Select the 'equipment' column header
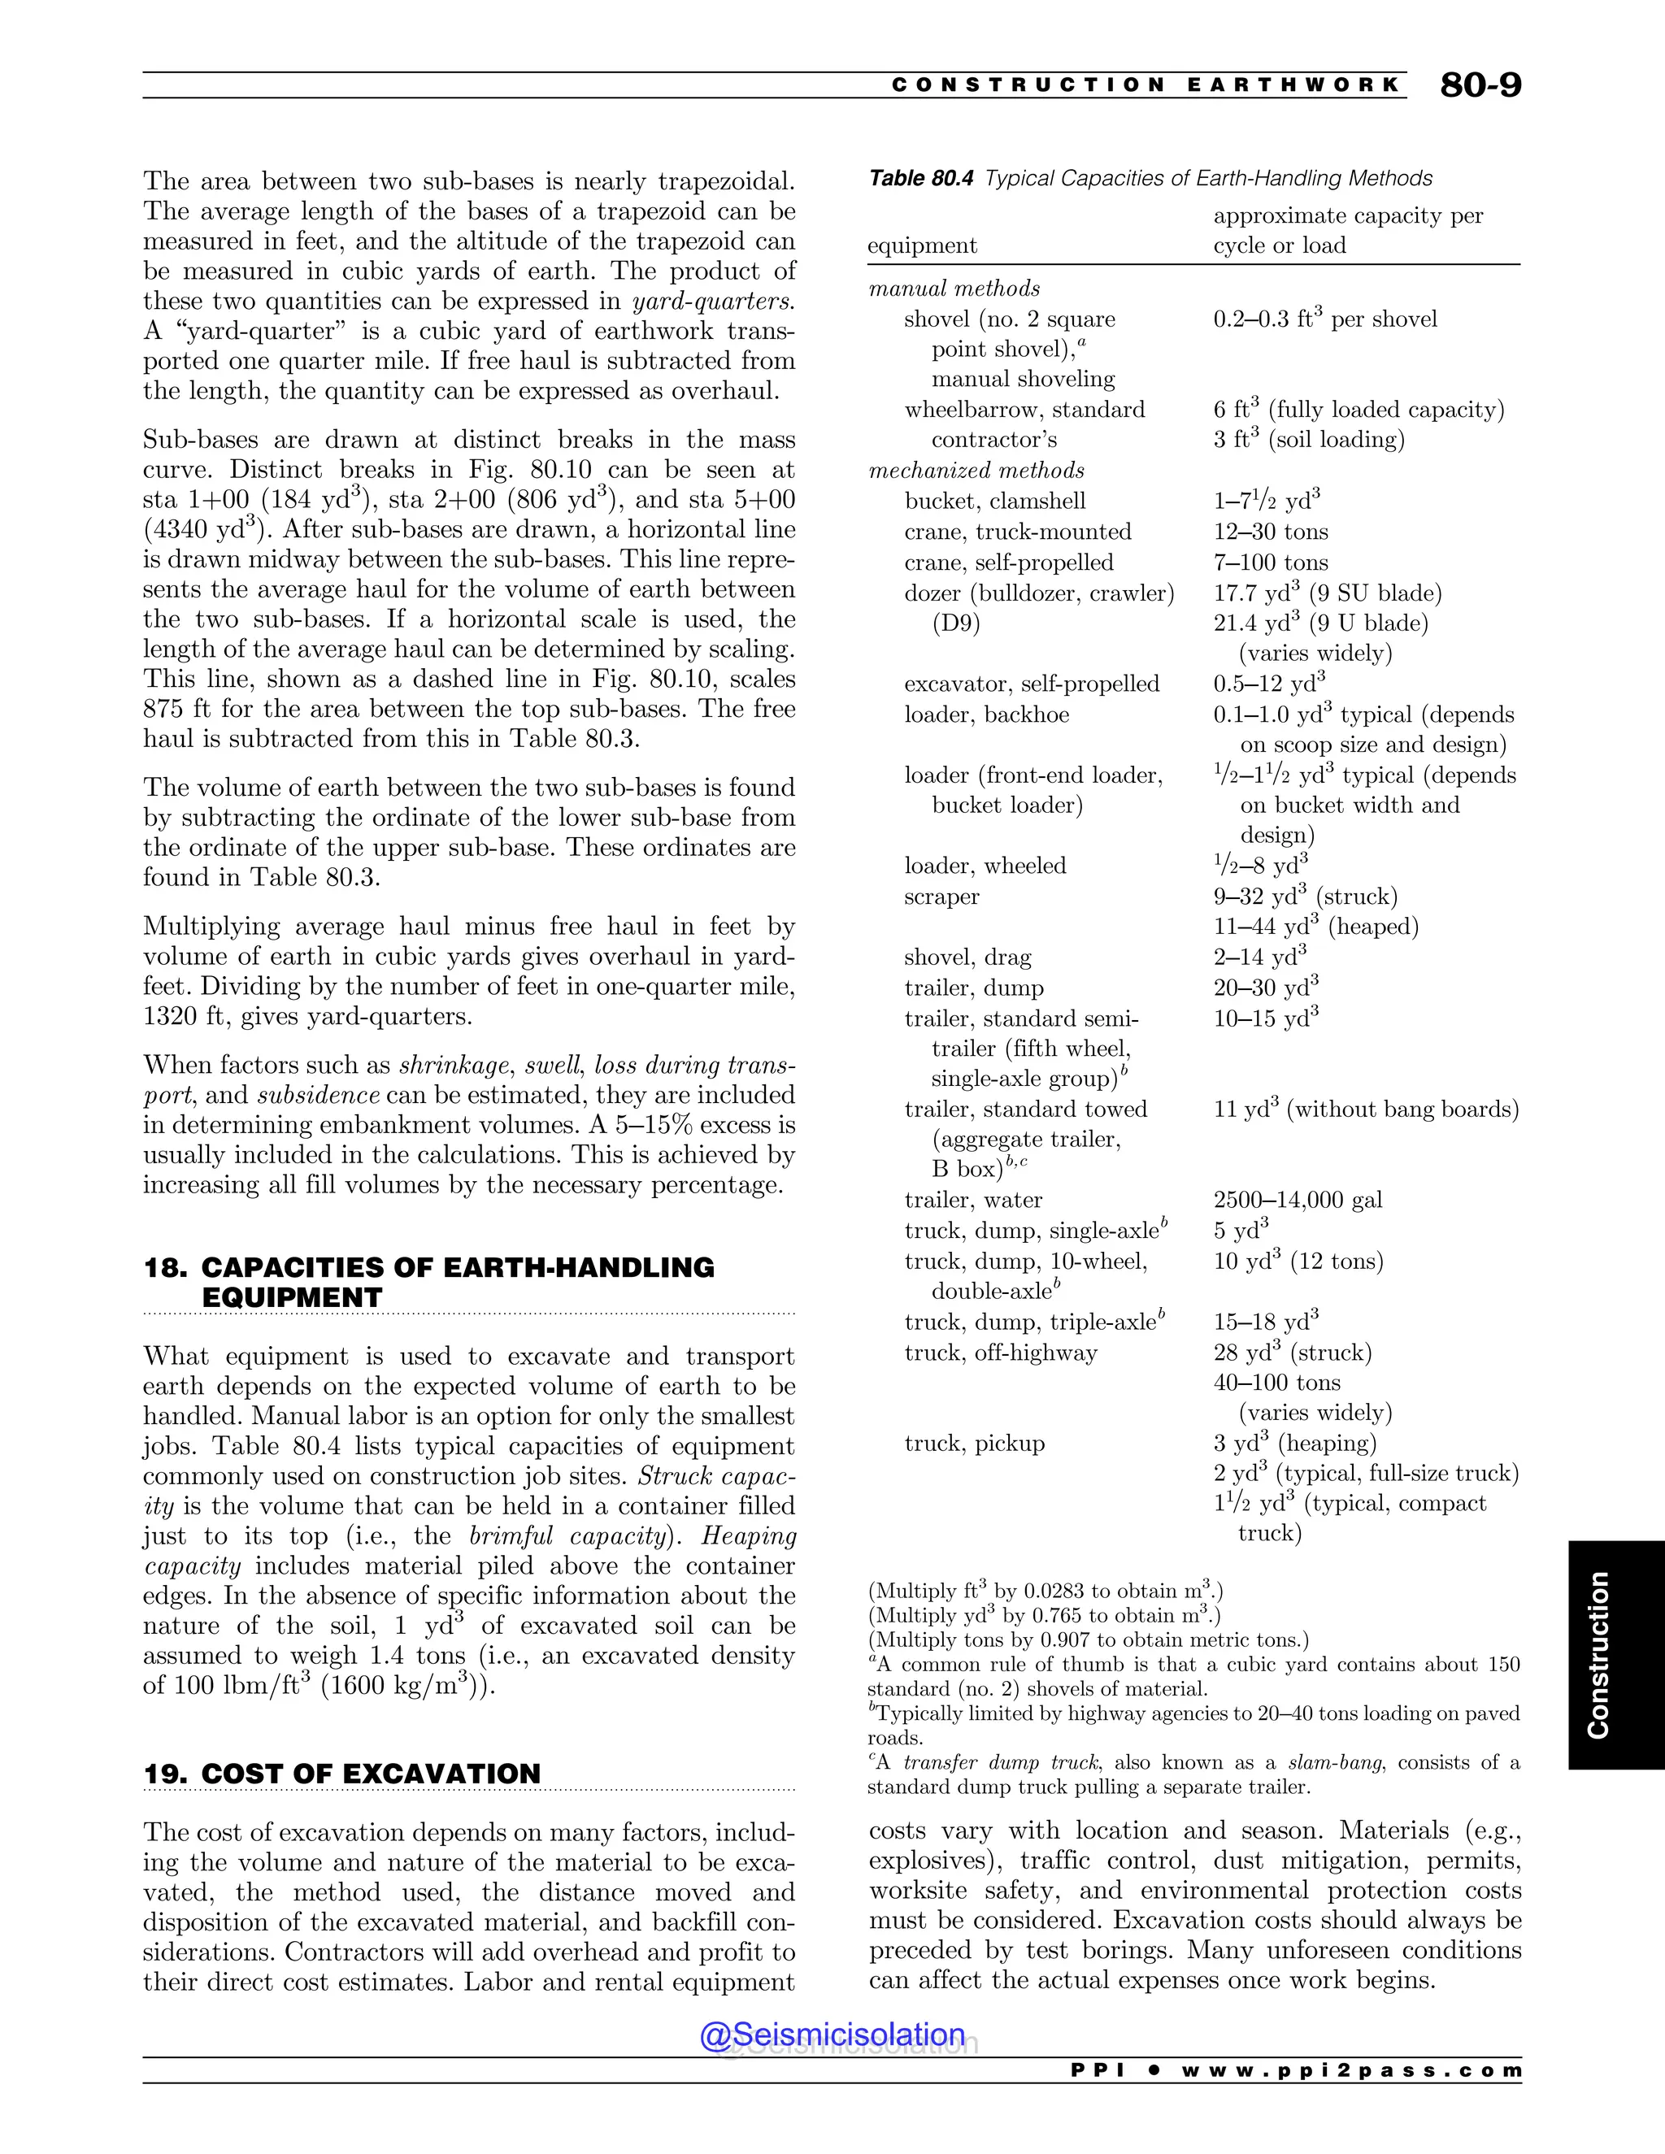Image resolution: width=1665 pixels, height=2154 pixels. point(921,245)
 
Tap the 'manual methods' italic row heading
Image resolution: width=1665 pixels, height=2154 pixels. point(954,289)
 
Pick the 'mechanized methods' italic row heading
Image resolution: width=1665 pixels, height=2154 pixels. point(976,471)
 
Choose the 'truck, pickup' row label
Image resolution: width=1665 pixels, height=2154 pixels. point(973,1444)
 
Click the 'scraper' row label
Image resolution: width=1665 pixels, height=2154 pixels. point(941,897)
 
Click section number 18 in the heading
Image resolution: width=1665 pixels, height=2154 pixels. point(162,1267)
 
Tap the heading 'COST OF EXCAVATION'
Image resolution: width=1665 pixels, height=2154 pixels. point(370,1774)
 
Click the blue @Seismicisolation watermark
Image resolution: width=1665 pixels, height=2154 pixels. point(832,2035)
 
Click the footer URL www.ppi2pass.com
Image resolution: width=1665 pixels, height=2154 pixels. point(1350,2071)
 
